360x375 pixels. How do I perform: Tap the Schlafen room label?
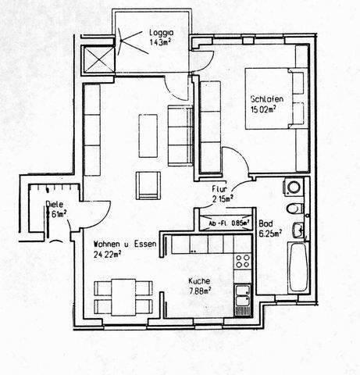pos(266,100)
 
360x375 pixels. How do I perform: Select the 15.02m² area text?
pos(265,111)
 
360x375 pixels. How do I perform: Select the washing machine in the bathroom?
pos(294,187)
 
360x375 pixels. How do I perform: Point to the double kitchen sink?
pos(243,295)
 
